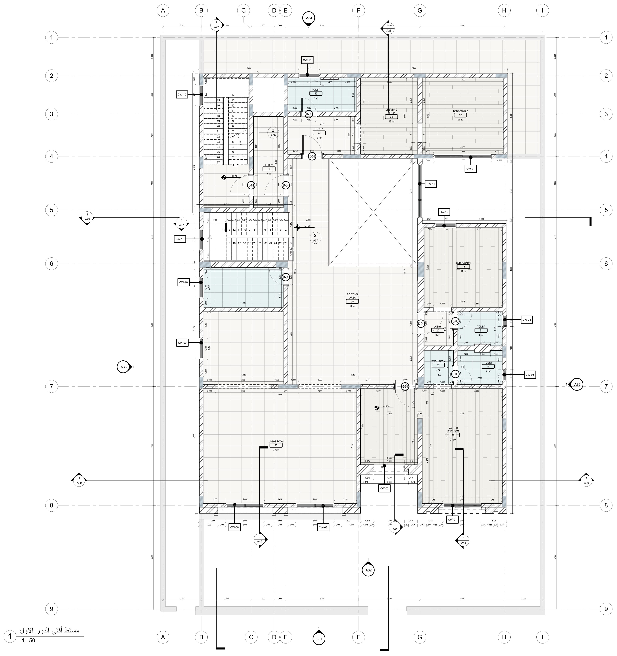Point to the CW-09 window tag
pyautogui.click(x=182, y=343)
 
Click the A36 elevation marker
pyautogui.click(x=577, y=384)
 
